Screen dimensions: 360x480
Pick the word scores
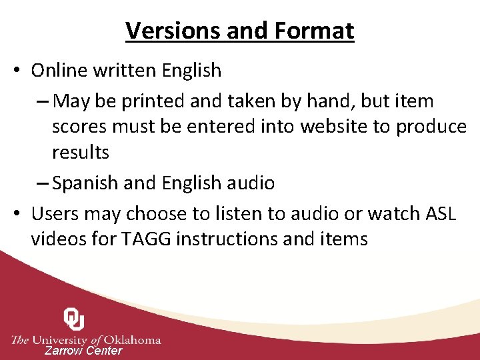(81, 127)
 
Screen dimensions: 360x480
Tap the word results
(81, 152)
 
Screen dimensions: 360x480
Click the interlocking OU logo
(74, 319)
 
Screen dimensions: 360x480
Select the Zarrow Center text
(83, 351)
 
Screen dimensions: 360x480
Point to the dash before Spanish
(43, 183)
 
